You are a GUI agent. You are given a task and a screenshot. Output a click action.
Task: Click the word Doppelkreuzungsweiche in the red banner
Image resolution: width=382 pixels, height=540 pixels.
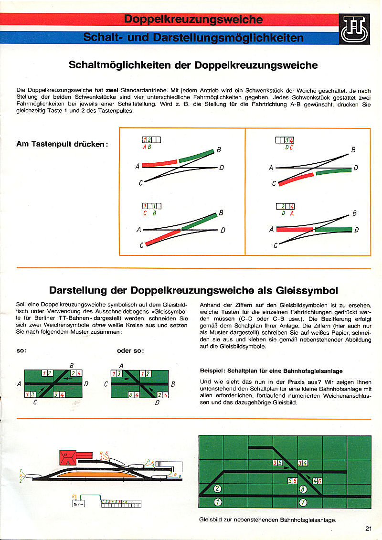pos(193,19)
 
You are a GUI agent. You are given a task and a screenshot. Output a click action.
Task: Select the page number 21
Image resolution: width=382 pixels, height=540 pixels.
pos(368,528)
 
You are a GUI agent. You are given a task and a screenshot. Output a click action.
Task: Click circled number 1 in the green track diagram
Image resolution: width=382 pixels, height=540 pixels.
pos(218,502)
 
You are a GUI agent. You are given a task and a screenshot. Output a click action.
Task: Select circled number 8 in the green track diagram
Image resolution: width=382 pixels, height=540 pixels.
pos(303,488)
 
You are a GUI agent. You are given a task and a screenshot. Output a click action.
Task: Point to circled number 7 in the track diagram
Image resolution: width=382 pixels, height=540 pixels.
pos(303,502)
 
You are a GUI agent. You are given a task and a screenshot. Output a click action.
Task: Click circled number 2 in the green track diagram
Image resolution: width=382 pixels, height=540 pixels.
pos(218,488)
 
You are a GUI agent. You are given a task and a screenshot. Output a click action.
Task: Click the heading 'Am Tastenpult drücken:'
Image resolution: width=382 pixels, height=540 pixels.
pos(62,144)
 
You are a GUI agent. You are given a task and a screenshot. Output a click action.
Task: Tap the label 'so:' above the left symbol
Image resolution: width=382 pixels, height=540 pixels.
pos(21,350)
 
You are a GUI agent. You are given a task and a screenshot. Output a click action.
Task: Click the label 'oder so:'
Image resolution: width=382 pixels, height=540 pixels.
pos(130,350)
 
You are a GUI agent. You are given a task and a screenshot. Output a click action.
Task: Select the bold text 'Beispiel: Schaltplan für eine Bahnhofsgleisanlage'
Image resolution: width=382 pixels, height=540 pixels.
pos(271,371)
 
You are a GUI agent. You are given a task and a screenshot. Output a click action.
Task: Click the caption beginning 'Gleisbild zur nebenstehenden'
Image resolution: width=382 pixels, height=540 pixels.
pos(267,520)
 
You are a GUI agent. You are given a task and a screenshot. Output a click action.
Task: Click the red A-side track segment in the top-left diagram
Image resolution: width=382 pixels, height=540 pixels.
pos(159,164)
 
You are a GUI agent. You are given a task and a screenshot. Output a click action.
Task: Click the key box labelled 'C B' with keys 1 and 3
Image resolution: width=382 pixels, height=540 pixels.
pos(151,206)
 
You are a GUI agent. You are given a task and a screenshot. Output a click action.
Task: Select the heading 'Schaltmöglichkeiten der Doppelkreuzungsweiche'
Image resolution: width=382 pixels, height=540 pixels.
pos(193,64)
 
